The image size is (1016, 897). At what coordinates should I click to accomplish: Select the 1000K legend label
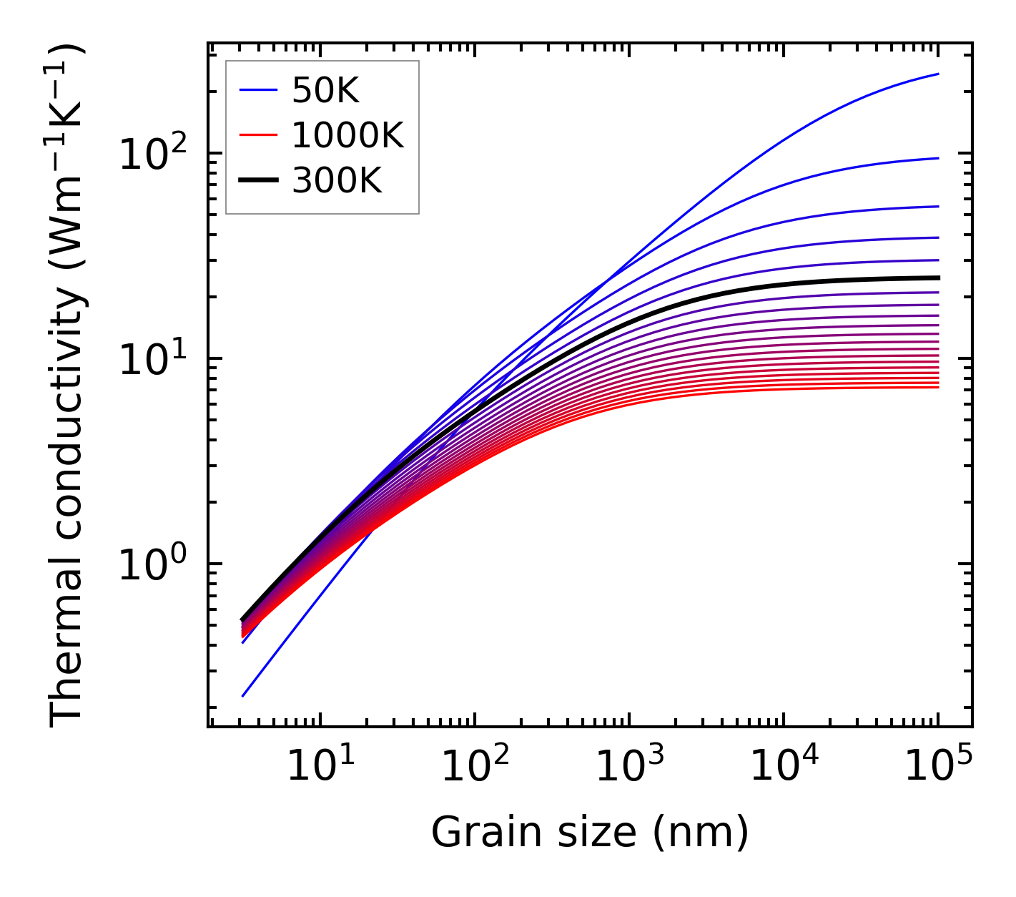(x=347, y=136)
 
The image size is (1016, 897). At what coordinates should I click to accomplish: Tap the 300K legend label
(x=337, y=181)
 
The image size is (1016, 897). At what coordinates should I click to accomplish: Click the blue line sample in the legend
(x=258, y=90)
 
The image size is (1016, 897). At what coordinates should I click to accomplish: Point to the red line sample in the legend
(x=258, y=136)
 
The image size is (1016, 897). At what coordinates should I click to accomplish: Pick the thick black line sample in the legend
(x=258, y=181)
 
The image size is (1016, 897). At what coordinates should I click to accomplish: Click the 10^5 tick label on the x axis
(x=937, y=768)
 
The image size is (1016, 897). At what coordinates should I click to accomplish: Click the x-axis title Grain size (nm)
(x=590, y=833)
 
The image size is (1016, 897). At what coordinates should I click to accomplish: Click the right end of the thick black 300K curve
(x=937, y=278)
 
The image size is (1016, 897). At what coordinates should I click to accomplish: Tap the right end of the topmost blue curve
(x=937, y=74)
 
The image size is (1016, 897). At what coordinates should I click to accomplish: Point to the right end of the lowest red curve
(x=937, y=387)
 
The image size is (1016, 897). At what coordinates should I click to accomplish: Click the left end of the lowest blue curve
(x=243, y=695)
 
